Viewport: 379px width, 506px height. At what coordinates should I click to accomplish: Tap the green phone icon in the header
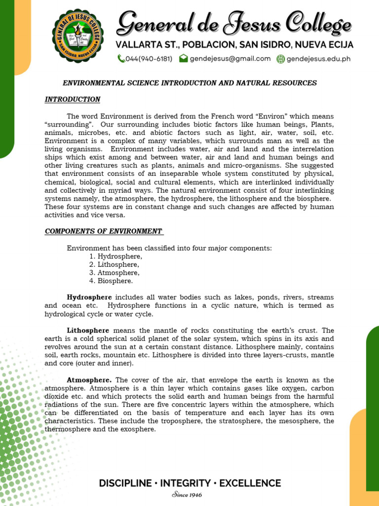point(121,59)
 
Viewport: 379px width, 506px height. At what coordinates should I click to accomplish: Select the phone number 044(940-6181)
point(149,59)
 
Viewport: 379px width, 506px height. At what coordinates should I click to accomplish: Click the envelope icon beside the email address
point(183,59)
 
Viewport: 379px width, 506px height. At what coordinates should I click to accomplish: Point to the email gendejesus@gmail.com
point(230,59)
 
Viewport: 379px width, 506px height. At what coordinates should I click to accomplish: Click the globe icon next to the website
point(280,59)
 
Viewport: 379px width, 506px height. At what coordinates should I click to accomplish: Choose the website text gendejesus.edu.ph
point(319,59)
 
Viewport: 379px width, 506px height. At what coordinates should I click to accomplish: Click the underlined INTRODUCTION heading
point(73,99)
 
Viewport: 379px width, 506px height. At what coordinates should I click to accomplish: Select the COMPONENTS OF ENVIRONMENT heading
point(104,231)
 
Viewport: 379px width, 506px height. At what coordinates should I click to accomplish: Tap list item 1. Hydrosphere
point(116,256)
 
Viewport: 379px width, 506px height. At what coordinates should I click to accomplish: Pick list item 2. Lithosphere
point(114,264)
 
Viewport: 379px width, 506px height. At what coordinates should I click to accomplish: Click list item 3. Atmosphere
point(114,272)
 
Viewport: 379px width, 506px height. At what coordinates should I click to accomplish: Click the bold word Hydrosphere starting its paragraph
point(90,297)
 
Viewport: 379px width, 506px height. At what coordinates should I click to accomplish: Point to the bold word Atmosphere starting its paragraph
point(89,380)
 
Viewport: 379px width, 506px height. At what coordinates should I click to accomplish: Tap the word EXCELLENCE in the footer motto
point(250,483)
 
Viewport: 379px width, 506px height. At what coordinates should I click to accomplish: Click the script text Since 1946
point(187,495)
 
